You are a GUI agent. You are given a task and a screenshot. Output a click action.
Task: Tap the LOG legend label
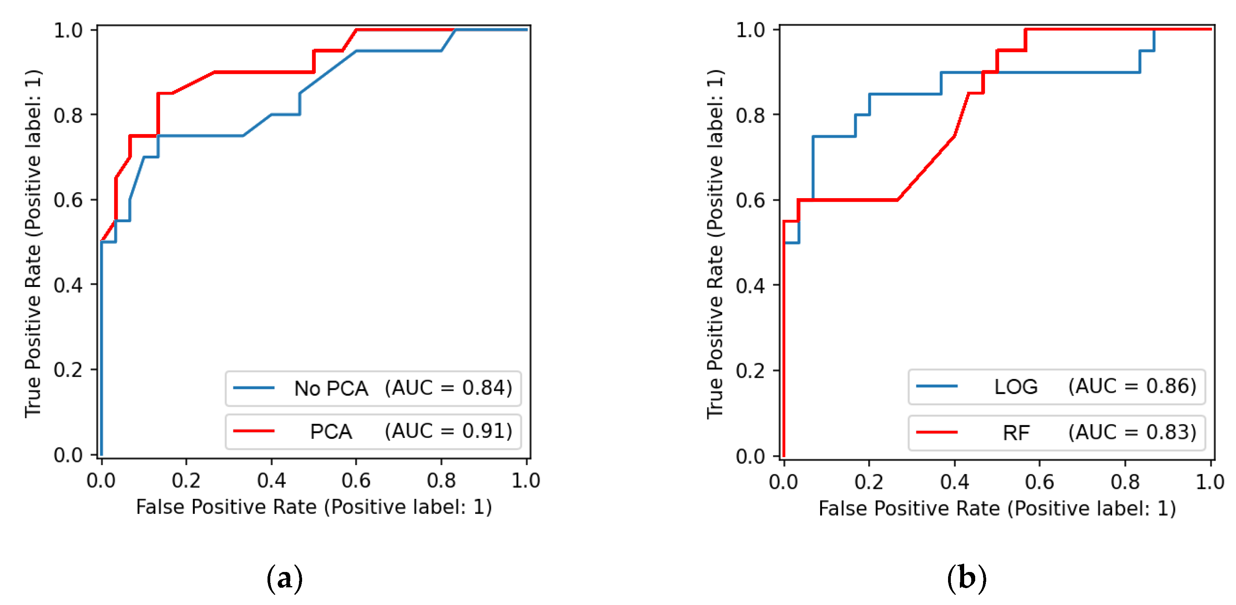(1016, 387)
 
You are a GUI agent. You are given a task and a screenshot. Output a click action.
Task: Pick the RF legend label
(1016, 433)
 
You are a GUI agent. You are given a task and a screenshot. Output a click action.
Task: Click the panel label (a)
(284, 578)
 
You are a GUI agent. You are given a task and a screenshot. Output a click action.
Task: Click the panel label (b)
(967, 578)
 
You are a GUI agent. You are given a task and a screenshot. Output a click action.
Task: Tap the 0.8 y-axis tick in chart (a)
(68, 116)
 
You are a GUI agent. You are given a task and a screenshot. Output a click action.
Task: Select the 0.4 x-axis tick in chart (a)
(271, 481)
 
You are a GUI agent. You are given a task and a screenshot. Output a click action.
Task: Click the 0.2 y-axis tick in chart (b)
(750, 371)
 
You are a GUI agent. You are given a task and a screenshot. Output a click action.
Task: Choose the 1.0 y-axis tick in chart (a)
(68, 31)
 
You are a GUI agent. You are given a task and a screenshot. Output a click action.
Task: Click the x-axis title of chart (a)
(314, 507)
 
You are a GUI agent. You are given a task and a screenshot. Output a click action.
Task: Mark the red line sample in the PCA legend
(253, 431)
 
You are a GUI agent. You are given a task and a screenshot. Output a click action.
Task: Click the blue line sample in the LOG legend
(937, 386)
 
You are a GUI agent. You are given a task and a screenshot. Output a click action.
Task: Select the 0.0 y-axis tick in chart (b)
(750, 456)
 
